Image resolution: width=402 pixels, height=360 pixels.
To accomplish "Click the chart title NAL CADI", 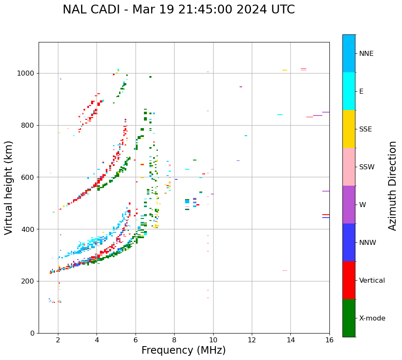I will point(178,10).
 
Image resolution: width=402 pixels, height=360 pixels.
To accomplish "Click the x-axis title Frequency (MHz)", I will point(183,350).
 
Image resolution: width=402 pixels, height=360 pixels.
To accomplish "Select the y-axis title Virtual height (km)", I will point(9,188).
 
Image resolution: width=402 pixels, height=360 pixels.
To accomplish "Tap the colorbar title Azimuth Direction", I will point(392,186).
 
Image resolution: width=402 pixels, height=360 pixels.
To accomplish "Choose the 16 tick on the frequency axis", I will point(329,339).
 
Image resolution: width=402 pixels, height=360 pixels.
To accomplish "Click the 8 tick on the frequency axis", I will point(174,339).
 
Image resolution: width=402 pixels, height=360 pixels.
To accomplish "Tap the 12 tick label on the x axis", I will point(252,339).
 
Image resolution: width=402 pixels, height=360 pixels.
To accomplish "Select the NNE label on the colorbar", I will point(366,54).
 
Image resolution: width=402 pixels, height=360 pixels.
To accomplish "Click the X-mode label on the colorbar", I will point(372,318).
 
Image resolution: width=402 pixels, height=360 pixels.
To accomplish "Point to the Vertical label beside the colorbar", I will point(372,281).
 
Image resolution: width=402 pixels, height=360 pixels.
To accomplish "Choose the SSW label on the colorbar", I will point(366,167).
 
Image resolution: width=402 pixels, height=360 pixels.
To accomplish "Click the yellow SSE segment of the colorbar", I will point(349,129).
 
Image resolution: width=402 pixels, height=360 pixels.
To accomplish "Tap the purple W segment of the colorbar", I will point(349,205).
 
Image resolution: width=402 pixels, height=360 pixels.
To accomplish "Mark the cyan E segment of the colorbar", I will point(349,91).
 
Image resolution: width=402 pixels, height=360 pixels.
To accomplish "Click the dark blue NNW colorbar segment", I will point(349,242).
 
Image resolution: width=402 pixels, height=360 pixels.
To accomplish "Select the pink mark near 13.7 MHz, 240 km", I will point(285,271).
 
